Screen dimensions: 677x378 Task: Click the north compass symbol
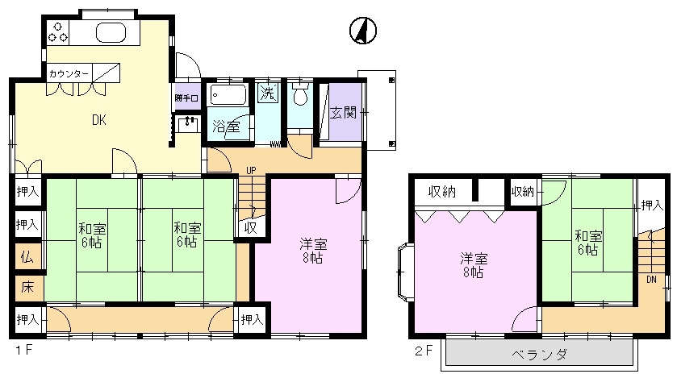pyautogui.click(x=362, y=31)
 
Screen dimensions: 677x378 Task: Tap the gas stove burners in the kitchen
pyautogui.click(x=58, y=32)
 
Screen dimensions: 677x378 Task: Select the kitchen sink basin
pyautogui.click(x=111, y=32)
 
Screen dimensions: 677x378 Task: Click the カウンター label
pyautogui.click(x=69, y=73)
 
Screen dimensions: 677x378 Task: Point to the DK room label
pyautogui.click(x=99, y=120)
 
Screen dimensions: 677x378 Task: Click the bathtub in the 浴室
pyautogui.click(x=228, y=95)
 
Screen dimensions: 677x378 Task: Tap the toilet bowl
pyautogui.click(x=300, y=95)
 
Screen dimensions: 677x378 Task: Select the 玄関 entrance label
pyautogui.click(x=343, y=113)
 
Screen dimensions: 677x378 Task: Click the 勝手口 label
pyautogui.click(x=186, y=98)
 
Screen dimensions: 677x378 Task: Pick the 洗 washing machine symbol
pyautogui.click(x=268, y=93)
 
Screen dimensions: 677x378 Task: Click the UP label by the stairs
pyautogui.click(x=251, y=170)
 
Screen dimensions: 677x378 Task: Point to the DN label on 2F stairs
pyautogui.click(x=651, y=280)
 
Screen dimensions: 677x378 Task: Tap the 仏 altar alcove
pyautogui.click(x=27, y=257)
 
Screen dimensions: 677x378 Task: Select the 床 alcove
pyautogui.click(x=27, y=288)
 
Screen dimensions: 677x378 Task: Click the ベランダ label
pyautogui.click(x=539, y=355)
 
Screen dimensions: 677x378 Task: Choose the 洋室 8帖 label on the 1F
pyautogui.click(x=313, y=251)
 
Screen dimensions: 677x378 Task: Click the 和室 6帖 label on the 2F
pyautogui.click(x=587, y=243)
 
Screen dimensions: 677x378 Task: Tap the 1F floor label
pyautogui.click(x=23, y=350)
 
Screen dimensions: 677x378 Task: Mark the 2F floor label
pyautogui.click(x=423, y=351)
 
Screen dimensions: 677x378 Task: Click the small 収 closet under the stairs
pyautogui.click(x=250, y=227)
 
